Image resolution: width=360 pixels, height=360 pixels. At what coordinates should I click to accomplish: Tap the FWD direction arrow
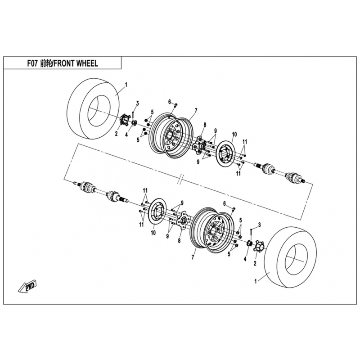tap(28, 286)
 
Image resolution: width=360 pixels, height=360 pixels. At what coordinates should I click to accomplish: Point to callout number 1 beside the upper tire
tap(126, 85)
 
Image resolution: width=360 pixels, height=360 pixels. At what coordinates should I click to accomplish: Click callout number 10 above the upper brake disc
tap(234, 134)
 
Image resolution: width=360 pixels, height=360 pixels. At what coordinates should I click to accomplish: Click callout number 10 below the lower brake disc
tap(153, 234)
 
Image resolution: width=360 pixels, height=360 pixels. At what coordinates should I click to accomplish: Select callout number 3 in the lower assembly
tap(259, 225)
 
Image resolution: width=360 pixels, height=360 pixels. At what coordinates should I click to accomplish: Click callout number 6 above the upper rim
tap(170, 101)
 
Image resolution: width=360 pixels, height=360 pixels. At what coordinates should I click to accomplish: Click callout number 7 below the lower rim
tap(193, 257)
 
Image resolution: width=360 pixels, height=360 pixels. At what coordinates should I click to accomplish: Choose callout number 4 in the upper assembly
tap(126, 134)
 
